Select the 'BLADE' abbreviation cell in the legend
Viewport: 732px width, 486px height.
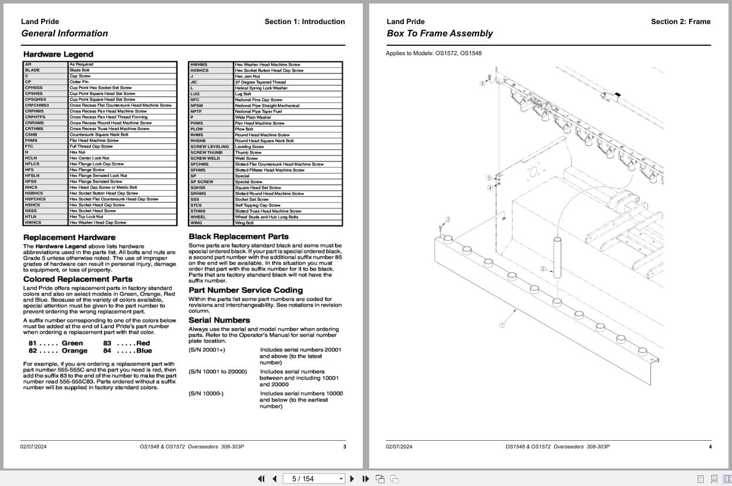point(33,70)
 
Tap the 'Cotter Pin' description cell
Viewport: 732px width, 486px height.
point(79,82)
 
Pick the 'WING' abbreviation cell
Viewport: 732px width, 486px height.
point(197,223)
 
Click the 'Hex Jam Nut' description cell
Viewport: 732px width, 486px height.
point(247,76)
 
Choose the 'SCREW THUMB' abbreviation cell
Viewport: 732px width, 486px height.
point(207,153)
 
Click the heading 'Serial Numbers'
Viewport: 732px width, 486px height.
point(219,320)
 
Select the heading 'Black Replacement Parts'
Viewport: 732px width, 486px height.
point(238,237)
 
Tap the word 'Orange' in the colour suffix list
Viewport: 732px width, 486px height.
point(75,351)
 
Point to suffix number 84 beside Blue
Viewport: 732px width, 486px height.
point(107,351)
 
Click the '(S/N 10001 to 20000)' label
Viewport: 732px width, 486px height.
point(218,372)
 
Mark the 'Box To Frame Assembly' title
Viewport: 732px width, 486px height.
point(440,33)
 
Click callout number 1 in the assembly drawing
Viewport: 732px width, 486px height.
point(502,325)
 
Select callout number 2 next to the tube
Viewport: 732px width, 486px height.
point(543,269)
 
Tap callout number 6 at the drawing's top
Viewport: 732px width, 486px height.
point(483,83)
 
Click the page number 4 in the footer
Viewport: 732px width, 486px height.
point(710,447)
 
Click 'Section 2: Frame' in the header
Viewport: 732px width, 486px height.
point(680,22)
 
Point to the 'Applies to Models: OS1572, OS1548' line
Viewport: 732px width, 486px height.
point(434,53)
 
